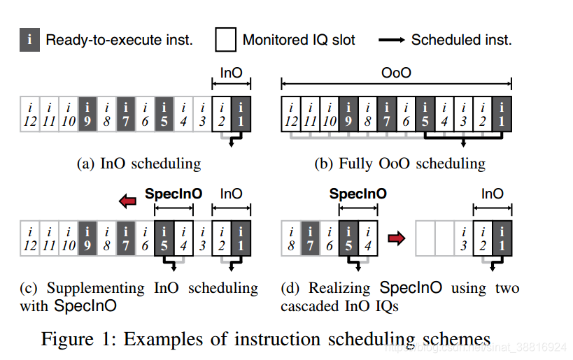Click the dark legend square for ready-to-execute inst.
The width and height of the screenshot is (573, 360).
click(x=29, y=40)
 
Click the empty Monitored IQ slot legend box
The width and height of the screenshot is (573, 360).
click(x=225, y=40)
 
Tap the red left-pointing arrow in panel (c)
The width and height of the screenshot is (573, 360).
click(x=129, y=201)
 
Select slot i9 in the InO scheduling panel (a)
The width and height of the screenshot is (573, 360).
click(x=88, y=114)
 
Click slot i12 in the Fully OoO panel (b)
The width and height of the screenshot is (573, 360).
click(x=290, y=114)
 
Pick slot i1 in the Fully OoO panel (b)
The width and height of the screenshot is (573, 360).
click(x=502, y=114)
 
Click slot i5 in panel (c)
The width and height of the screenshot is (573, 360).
click(x=164, y=238)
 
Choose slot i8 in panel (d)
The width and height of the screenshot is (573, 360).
click(x=290, y=238)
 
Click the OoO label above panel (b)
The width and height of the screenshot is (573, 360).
click(x=396, y=73)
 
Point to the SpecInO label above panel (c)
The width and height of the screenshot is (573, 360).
click(x=173, y=194)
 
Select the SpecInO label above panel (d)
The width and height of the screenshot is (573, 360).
click(x=358, y=194)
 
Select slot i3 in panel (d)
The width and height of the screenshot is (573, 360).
click(x=462, y=238)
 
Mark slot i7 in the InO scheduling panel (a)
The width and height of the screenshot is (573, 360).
click(x=126, y=114)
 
